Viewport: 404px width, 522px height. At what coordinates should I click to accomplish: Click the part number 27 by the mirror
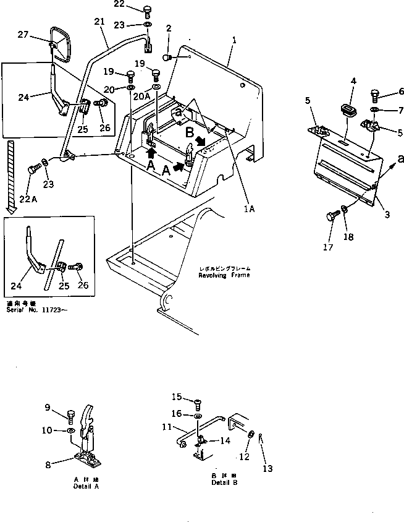(x=23, y=35)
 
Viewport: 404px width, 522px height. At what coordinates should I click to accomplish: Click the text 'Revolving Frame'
(x=224, y=275)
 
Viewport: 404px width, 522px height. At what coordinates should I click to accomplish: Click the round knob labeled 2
(x=167, y=58)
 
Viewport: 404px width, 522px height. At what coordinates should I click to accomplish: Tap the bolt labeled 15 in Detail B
(x=197, y=404)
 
